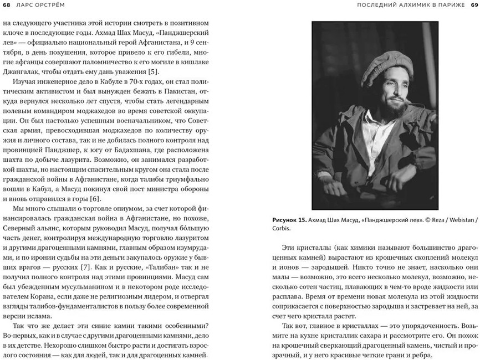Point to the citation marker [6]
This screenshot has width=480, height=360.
click(94, 199)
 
